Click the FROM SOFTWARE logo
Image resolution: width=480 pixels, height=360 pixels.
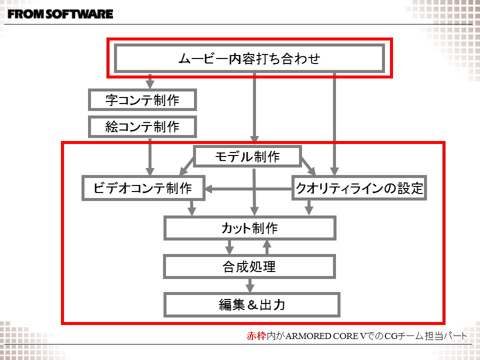tap(60, 14)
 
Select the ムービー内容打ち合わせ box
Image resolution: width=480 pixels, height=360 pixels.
tap(249, 58)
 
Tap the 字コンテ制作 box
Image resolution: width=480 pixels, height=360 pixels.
tap(142, 100)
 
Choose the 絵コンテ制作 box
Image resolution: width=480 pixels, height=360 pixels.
tap(142, 127)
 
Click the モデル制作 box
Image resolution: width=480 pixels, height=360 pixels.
tap(247, 156)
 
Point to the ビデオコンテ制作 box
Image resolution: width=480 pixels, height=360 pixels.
tap(143, 188)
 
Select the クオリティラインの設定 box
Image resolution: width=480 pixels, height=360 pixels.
tap(359, 188)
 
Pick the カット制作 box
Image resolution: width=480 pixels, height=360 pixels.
tap(249, 229)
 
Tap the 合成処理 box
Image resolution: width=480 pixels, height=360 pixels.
tap(249, 266)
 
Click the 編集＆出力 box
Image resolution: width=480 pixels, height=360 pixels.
tap(252, 304)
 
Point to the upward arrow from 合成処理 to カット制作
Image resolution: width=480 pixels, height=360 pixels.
tap(267, 247)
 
